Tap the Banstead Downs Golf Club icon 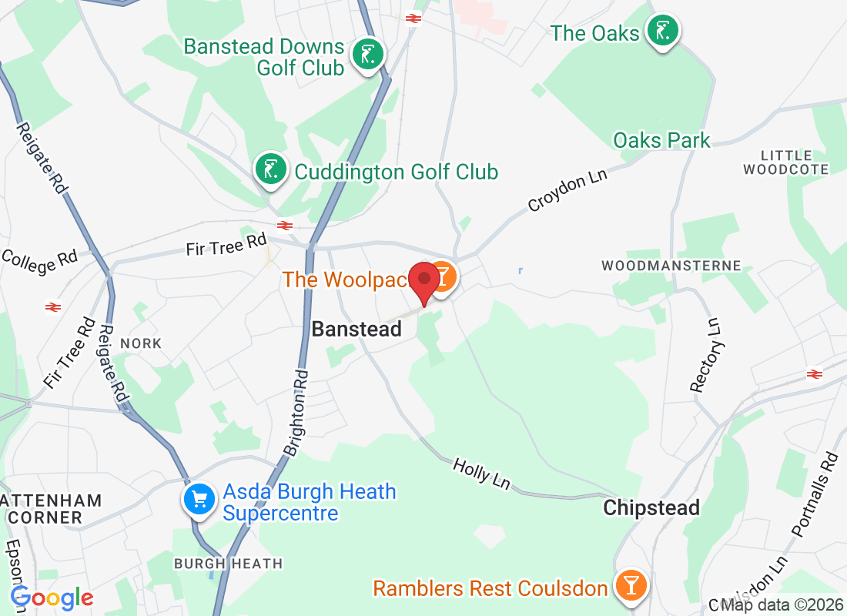click(368, 55)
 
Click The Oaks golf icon click(662, 31)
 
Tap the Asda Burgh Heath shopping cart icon click(199, 499)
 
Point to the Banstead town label click(357, 329)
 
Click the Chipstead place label click(651, 507)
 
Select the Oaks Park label click(661, 140)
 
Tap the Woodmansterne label click(671, 266)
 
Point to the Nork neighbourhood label click(141, 343)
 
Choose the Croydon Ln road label click(567, 189)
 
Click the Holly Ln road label click(481, 474)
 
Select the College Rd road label click(39, 261)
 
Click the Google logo click(52, 598)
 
